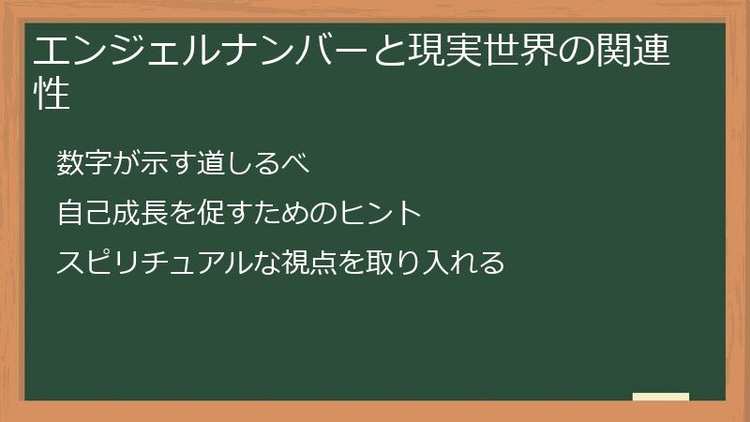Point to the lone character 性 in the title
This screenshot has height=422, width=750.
click(x=52, y=94)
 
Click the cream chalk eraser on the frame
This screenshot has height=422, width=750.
click(x=661, y=398)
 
